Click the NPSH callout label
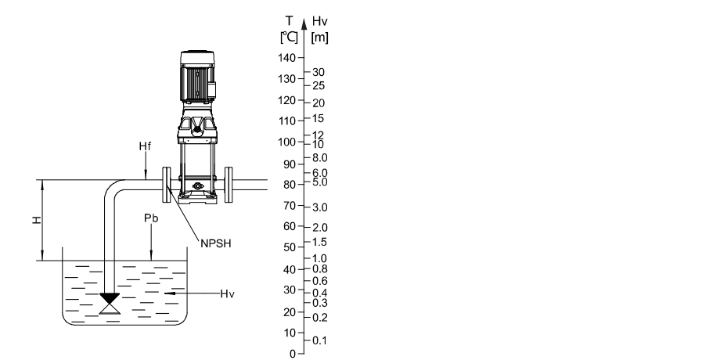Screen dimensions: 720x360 point(216,243)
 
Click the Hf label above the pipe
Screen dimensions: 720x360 point(145,146)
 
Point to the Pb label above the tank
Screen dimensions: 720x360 point(151,218)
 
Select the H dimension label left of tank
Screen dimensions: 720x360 point(36,221)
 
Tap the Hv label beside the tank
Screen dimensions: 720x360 point(227,294)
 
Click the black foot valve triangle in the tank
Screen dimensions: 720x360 point(110,298)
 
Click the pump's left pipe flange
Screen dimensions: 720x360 point(166,185)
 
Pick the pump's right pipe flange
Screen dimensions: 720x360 point(229,185)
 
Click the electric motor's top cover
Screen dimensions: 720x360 point(197,58)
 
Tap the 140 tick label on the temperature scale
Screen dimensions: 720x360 point(286,58)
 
